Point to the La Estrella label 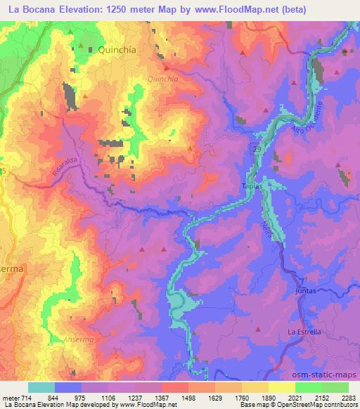tap(304, 332)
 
